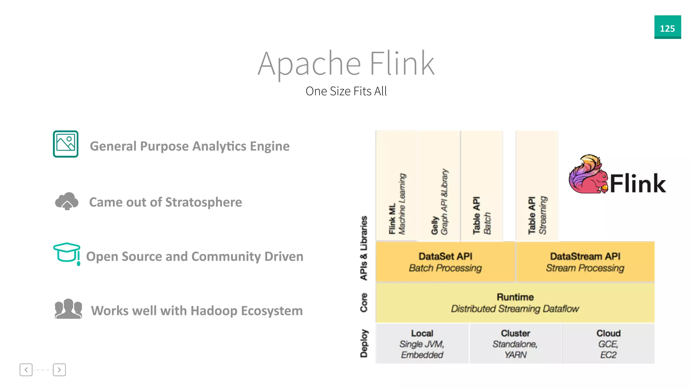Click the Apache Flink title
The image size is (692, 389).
click(346, 63)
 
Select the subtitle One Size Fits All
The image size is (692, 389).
click(346, 91)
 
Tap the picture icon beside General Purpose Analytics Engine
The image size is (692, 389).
click(66, 144)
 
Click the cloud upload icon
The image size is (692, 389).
click(67, 201)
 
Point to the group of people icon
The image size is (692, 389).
click(68, 309)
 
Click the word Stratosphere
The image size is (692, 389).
click(203, 202)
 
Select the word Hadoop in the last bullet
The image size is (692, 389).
click(214, 311)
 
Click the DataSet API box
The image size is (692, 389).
click(445, 262)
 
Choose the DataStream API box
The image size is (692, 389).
click(585, 262)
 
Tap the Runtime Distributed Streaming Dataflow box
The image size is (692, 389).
click(515, 303)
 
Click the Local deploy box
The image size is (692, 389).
click(422, 344)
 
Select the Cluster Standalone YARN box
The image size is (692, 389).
click(515, 344)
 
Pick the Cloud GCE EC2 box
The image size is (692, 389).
click(608, 344)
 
